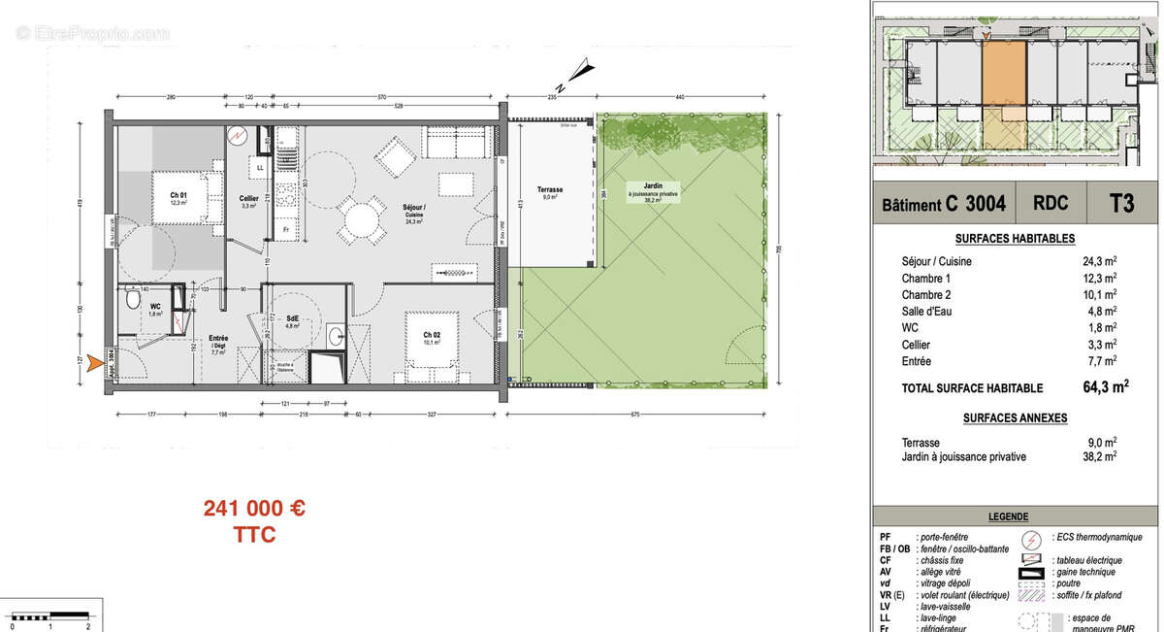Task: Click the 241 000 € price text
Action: coord(254,509)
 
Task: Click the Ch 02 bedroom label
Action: coord(431,337)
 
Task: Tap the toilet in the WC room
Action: coord(132,301)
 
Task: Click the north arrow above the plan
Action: coord(580,70)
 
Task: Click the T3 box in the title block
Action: coord(1121,204)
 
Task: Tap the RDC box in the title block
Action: coord(1051,204)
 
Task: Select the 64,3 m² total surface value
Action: coord(1091,387)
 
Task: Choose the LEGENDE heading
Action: coord(1008,517)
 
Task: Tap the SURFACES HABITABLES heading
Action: coord(1015,239)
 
